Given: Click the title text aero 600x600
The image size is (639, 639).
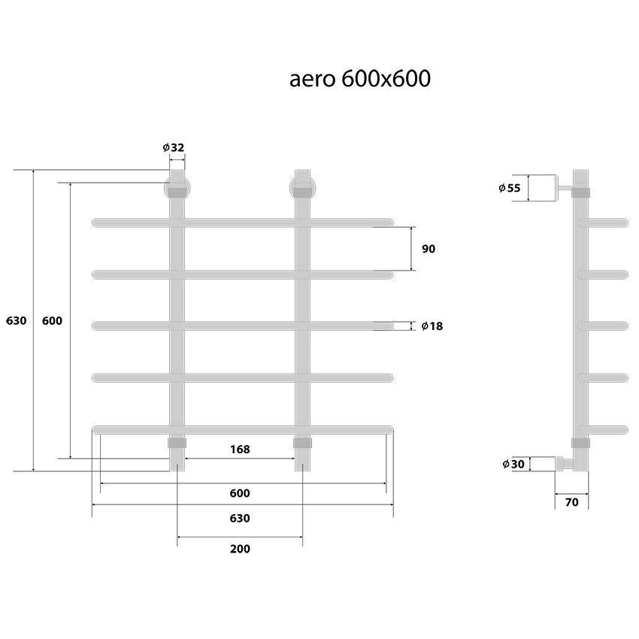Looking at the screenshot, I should point(360,79).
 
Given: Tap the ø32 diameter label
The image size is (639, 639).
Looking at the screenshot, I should point(174,147).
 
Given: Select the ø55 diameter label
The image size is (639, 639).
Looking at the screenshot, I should point(509,188).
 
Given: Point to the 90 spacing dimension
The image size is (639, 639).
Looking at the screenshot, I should point(429,249).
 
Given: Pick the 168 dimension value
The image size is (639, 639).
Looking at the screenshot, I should point(239,450).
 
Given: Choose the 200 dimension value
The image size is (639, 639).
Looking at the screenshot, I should point(239,549).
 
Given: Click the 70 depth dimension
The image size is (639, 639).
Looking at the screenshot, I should point(571,502).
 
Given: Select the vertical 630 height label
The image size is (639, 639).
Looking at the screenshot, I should point(16,320).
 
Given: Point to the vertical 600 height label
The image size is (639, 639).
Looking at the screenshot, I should point(52,320).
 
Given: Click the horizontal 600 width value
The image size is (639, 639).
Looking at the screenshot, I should point(239,493).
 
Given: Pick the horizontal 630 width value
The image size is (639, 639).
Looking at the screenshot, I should point(239,518).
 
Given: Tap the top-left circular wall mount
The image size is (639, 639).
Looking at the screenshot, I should point(177,185).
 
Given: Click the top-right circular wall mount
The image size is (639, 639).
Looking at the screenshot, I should point(302,185).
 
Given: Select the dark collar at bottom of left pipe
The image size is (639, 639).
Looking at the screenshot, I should point(177,443).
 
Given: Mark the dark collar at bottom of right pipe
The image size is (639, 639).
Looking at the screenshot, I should point(302,443).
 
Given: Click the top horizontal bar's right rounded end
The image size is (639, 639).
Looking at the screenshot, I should point(388,223).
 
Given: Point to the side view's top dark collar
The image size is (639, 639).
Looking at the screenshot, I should point(581,192).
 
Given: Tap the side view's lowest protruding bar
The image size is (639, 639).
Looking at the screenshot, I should point(606,429).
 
